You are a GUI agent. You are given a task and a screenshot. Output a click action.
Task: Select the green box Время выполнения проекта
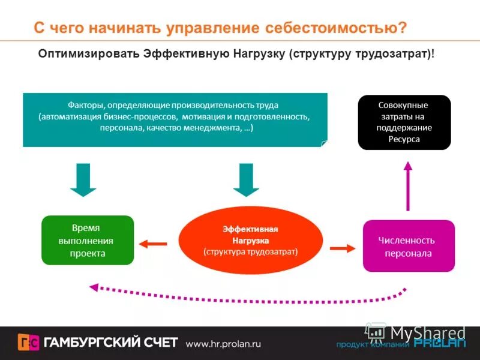click(87, 241)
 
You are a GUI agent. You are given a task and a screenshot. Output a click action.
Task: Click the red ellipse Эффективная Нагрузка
click(250, 240)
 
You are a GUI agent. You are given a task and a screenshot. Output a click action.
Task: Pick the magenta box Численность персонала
click(409, 246)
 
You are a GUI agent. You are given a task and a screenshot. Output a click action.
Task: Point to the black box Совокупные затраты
click(403, 122)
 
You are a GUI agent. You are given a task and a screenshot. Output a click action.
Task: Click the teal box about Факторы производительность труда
click(175, 119)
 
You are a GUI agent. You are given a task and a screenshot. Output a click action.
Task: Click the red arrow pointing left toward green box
click(153, 244)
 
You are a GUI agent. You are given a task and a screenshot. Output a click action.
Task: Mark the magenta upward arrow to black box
click(408, 186)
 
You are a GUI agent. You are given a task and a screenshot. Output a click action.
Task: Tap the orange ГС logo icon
click(29, 343)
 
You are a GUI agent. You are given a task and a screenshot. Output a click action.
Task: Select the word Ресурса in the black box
click(404, 139)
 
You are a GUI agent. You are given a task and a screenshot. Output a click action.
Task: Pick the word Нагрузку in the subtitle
click(256, 54)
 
